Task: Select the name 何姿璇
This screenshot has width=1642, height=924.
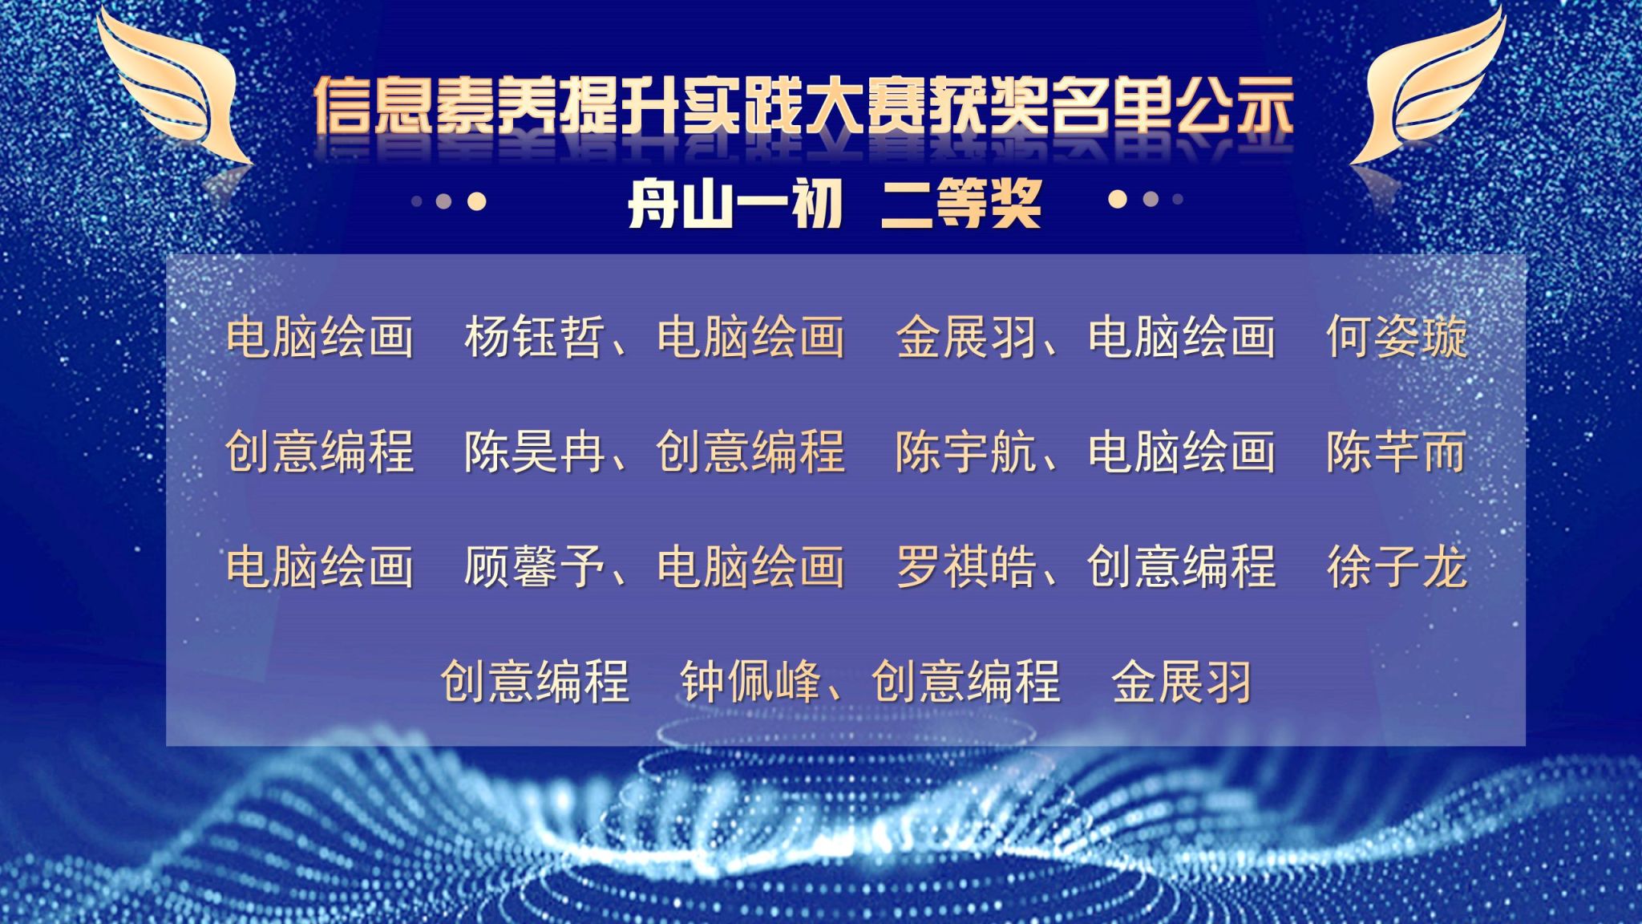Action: click(x=1397, y=336)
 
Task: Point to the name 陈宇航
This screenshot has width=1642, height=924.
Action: click(x=966, y=452)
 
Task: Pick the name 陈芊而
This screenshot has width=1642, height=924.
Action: click(x=1397, y=452)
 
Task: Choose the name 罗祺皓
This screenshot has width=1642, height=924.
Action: click(x=966, y=567)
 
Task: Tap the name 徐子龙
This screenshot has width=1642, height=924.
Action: click(x=1397, y=567)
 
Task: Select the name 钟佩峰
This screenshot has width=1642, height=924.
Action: click(x=750, y=682)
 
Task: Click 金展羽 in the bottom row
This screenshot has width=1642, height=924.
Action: click(x=1182, y=682)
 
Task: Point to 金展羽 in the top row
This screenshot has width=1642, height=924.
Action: click(x=966, y=336)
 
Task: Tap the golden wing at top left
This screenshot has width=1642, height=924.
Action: click(x=172, y=88)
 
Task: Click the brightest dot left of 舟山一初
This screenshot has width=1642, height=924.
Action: click(x=476, y=201)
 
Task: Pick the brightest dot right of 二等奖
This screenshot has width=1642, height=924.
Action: click(x=1118, y=199)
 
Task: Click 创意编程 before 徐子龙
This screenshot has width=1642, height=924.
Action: click(x=1181, y=567)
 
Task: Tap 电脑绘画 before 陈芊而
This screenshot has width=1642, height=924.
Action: click(x=1181, y=452)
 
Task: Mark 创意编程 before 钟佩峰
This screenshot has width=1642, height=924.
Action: click(x=535, y=682)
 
